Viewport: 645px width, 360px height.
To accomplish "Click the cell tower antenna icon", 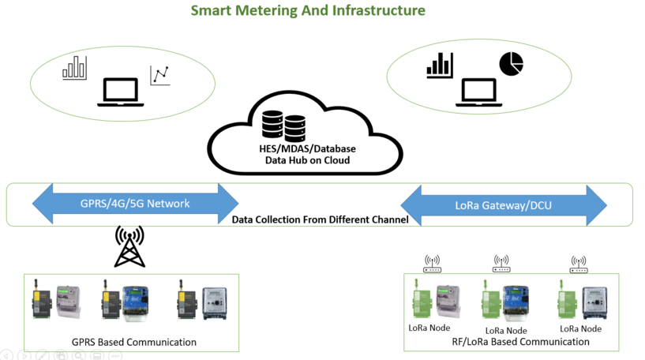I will (129, 246).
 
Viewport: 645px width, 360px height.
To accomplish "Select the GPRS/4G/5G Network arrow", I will (135, 204).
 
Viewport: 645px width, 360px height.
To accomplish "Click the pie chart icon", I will (511, 64).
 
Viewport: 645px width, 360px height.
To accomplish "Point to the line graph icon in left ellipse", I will (160, 76).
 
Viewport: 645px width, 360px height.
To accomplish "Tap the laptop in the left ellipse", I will (118, 92).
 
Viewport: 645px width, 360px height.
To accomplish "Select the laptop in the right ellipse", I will (479, 92).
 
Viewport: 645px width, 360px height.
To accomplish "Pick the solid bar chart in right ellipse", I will (439, 65).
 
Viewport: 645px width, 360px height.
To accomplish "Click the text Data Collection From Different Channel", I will (320, 219).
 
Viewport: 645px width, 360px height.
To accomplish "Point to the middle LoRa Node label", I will (505, 330).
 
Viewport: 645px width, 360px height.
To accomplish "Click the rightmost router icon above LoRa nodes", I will (579, 264).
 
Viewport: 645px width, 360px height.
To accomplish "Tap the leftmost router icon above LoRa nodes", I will (432, 264).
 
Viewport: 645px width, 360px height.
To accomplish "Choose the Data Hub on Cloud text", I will (307, 160).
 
